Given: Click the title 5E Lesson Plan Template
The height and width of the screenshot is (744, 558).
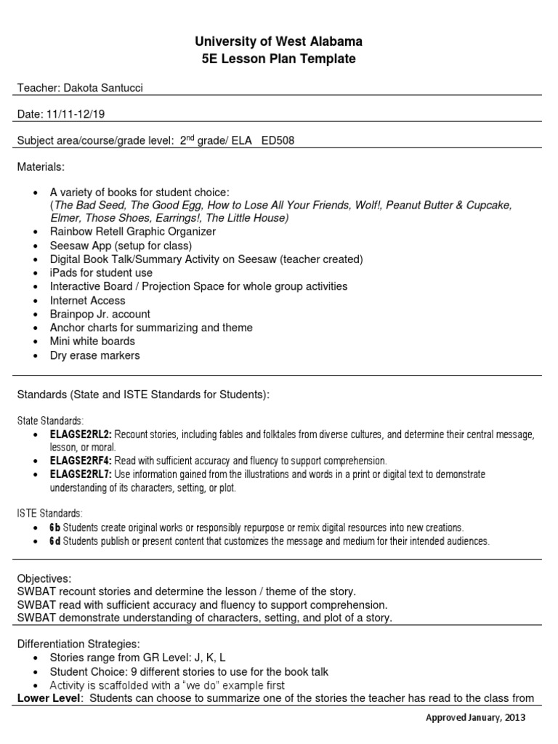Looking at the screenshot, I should pos(279,59).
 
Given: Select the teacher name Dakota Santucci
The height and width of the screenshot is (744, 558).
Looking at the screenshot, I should pos(108,88).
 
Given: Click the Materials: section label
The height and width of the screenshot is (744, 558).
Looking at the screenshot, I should pos(41,167).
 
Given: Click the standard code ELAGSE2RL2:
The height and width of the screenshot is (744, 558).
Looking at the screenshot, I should pos(81,434).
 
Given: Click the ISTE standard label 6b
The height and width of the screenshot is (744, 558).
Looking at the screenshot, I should pos(55,527).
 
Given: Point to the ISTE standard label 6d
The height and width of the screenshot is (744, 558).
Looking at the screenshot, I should pos(55,541).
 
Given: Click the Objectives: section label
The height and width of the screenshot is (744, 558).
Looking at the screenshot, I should pos(44,578).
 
